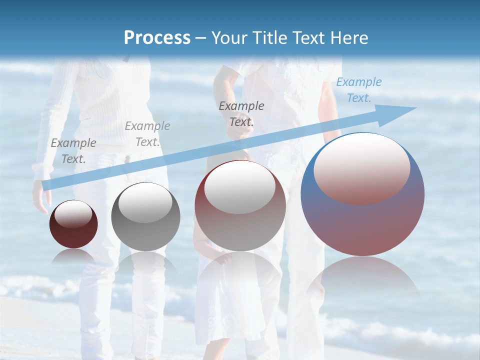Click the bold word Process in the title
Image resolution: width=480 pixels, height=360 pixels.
pyautogui.click(x=157, y=37)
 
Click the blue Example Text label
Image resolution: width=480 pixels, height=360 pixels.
pyautogui.click(x=358, y=90)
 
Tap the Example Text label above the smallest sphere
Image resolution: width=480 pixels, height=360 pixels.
pyautogui.click(x=73, y=150)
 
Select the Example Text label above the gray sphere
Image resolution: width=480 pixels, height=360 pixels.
pyautogui.click(x=147, y=133)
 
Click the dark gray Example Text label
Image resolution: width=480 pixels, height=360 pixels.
pyautogui.click(x=241, y=113)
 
